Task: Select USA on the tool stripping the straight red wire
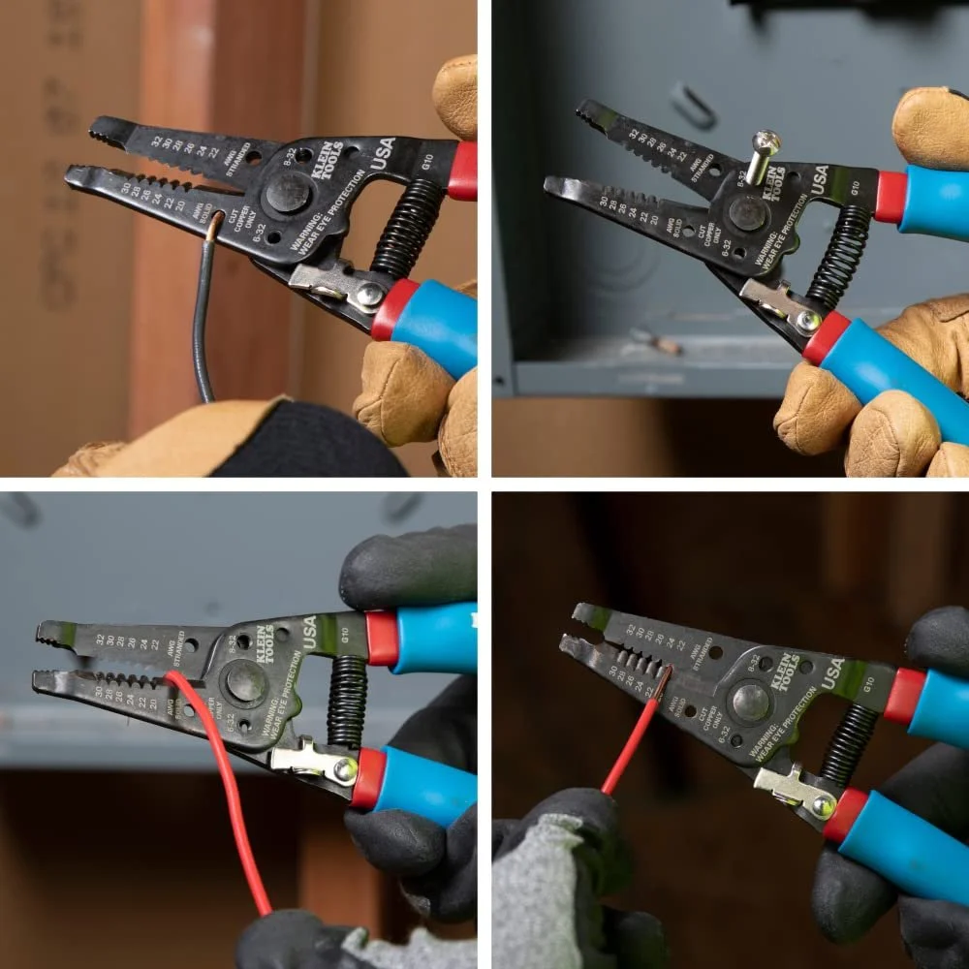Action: [x=833, y=672]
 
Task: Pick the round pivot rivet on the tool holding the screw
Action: [x=747, y=213]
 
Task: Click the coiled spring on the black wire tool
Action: [x=407, y=228]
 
